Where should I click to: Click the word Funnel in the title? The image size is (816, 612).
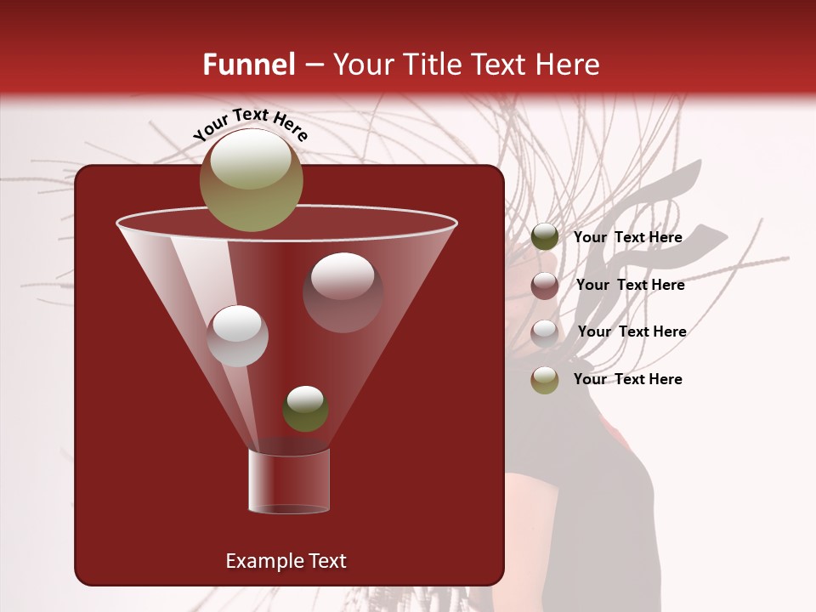(248, 65)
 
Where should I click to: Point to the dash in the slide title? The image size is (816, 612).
(314, 65)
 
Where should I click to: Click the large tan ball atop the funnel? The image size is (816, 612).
(252, 180)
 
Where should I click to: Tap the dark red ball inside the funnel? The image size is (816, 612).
(343, 292)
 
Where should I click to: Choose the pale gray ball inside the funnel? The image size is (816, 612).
(238, 336)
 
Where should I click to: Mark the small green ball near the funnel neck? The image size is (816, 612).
(305, 409)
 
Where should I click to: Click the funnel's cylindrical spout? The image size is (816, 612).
(289, 480)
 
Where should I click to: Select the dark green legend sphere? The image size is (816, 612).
(545, 237)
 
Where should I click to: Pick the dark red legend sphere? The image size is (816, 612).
(545, 286)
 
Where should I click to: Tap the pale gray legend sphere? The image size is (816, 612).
(545, 332)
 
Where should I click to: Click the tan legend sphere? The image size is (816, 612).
(545, 380)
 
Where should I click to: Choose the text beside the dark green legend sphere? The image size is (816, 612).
(627, 237)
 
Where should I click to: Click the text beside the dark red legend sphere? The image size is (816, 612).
(630, 285)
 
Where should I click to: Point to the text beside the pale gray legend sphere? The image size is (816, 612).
(632, 331)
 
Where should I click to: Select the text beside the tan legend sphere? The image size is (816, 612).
(627, 379)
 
